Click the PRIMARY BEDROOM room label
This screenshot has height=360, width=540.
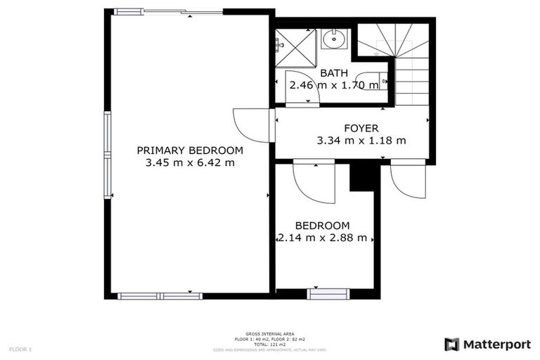pyautogui.click(x=190, y=150)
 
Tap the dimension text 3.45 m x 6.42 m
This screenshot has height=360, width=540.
pyautogui.click(x=190, y=162)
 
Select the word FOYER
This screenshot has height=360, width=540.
pyautogui.click(x=361, y=128)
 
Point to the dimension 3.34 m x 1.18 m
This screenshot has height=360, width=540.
pyautogui.click(x=361, y=140)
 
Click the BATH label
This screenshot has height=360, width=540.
pyautogui.click(x=334, y=73)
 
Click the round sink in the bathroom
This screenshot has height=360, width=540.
pyautogui.click(x=335, y=39)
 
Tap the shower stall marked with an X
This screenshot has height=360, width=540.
pyautogui.click(x=295, y=44)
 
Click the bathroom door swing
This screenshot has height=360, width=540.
pyautogui.click(x=302, y=89)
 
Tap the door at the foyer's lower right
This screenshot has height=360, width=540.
pyautogui.click(x=407, y=179)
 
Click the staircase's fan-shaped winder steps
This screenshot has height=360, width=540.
pyautogui.click(x=394, y=41)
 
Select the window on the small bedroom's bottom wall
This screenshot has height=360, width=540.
pyautogui.click(x=328, y=294)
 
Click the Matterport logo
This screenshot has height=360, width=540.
pyautogui.click(x=487, y=345)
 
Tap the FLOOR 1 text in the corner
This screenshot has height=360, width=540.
pyautogui.click(x=20, y=349)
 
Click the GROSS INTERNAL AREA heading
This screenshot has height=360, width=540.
pyautogui.click(x=270, y=333)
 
